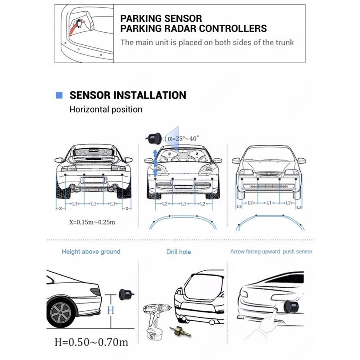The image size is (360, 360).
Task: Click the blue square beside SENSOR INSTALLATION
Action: [60, 96]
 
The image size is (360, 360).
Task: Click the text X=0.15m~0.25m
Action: [92, 222]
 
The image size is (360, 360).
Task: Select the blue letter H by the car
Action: [110, 310]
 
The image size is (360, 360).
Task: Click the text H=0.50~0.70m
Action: [91, 342]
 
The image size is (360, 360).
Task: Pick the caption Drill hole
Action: [178, 252]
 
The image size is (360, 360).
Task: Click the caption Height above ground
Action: [91, 252]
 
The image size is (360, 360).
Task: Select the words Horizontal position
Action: [106, 110]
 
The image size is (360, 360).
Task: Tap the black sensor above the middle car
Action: [153, 138]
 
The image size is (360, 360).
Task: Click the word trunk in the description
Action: [284, 43]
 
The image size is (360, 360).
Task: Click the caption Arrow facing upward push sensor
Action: [271, 252]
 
